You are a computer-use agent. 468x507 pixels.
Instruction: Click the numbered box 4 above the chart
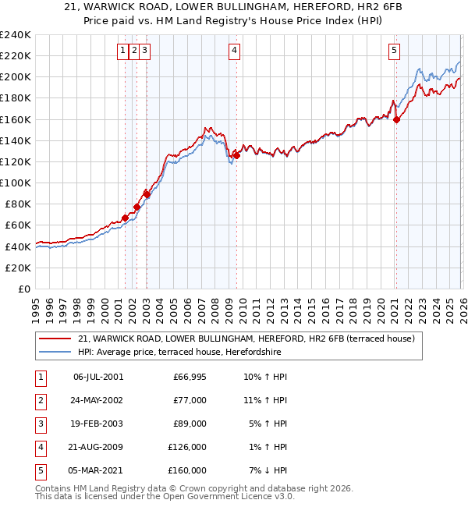click(x=235, y=51)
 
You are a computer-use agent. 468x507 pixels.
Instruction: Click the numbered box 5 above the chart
click(x=394, y=51)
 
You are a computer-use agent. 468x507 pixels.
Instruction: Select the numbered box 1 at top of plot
click(x=123, y=51)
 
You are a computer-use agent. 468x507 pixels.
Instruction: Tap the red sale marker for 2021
click(x=396, y=119)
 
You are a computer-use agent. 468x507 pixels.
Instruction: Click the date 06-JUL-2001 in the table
click(x=97, y=377)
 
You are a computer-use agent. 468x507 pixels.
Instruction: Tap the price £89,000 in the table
click(x=190, y=424)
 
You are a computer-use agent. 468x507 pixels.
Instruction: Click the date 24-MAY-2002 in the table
click(x=97, y=400)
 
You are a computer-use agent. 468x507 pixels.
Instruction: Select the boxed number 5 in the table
click(x=40, y=470)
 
